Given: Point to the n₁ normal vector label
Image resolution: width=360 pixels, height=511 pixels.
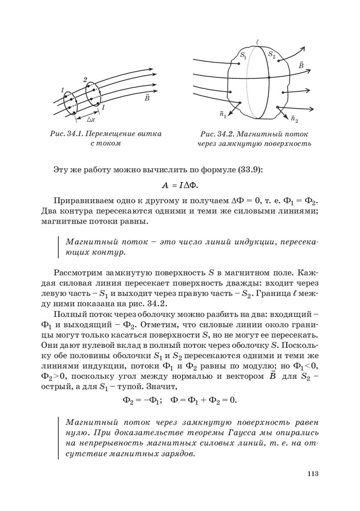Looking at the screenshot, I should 223,115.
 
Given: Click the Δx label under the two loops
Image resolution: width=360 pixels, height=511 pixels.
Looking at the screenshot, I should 91,120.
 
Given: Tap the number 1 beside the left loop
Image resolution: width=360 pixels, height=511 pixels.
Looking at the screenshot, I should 62,90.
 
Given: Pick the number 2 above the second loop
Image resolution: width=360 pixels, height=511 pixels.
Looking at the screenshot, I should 85,80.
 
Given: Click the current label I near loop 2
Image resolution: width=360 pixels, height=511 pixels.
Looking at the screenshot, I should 103,107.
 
